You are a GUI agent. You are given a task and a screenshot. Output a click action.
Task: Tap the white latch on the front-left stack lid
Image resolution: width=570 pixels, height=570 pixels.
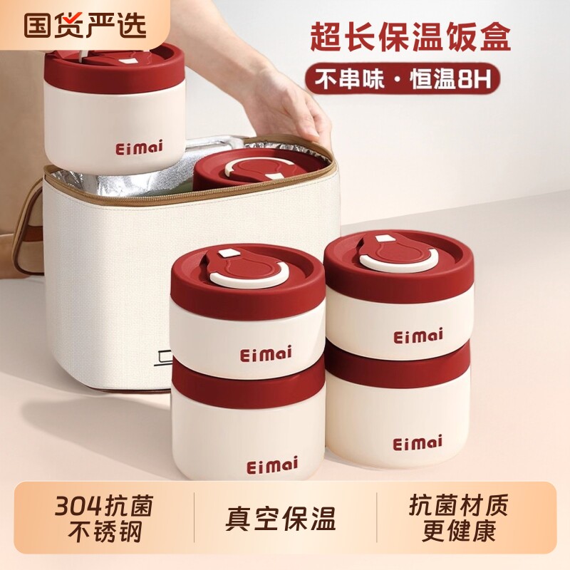pos(229,253)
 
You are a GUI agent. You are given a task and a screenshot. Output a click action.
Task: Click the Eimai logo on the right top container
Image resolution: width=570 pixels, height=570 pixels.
pos(418,335)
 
